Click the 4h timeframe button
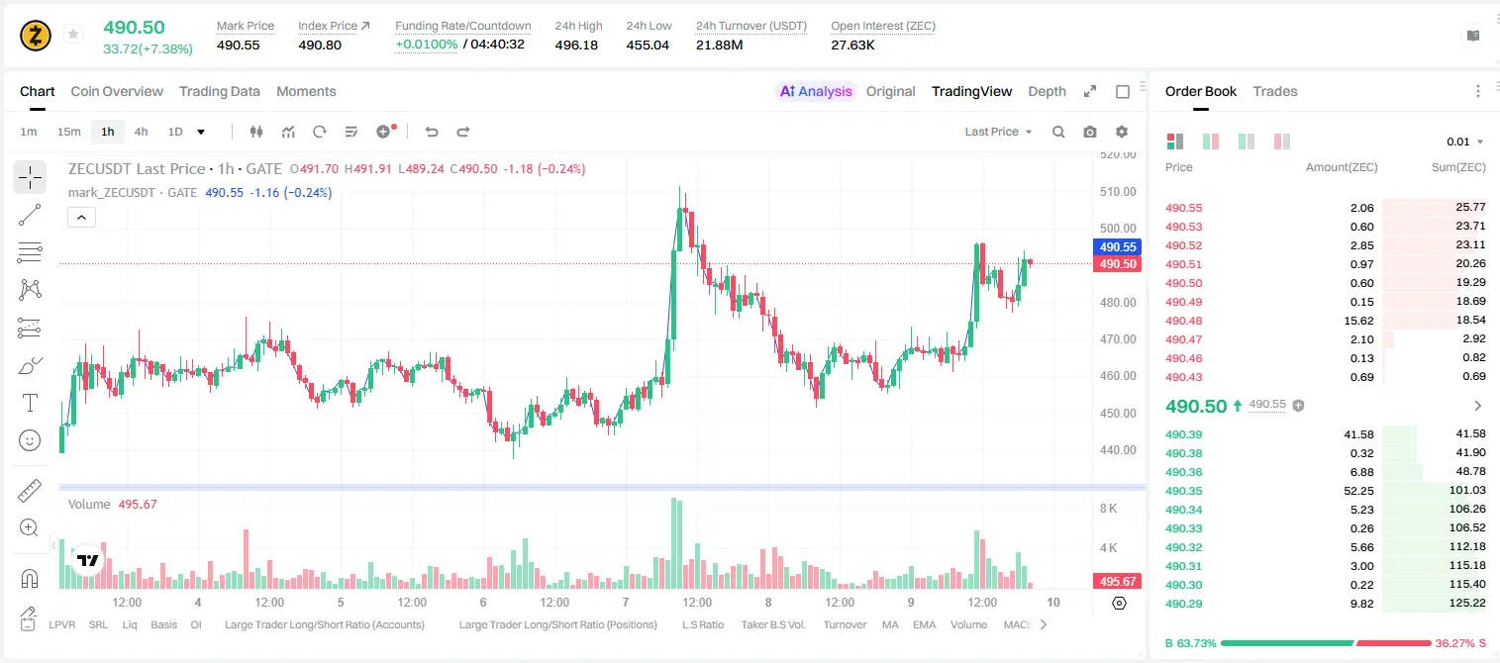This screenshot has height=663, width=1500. pos(141,132)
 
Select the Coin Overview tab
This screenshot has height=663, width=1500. pos(117,91)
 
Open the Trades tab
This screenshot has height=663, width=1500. pos(1275,91)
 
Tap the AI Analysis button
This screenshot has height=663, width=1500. pos(816,91)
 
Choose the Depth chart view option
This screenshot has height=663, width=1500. pos(1047,91)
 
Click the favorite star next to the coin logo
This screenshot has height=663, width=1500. pos(73,34)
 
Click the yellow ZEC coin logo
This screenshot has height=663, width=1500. pos(36,36)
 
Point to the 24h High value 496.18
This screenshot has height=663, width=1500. pos(576,45)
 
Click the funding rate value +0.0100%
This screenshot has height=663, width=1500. pos(426,45)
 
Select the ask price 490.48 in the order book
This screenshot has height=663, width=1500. pos(1183,321)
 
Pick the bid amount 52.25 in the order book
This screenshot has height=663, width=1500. pos(1358,491)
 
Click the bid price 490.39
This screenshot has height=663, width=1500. pos(1183,434)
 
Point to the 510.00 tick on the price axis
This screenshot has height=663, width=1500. pos(1118,191)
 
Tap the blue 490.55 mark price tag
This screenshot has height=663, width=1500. pos(1118,246)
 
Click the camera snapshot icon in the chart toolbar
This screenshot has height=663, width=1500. pos(1089,132)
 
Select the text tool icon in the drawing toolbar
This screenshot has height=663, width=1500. pos(30,403)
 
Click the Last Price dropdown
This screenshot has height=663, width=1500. pos(998,132)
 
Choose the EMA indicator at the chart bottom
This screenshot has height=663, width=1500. pos(924,624)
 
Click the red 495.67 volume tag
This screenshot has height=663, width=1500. pos(1118,582)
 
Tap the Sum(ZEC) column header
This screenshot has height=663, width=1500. pos(1458,167)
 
